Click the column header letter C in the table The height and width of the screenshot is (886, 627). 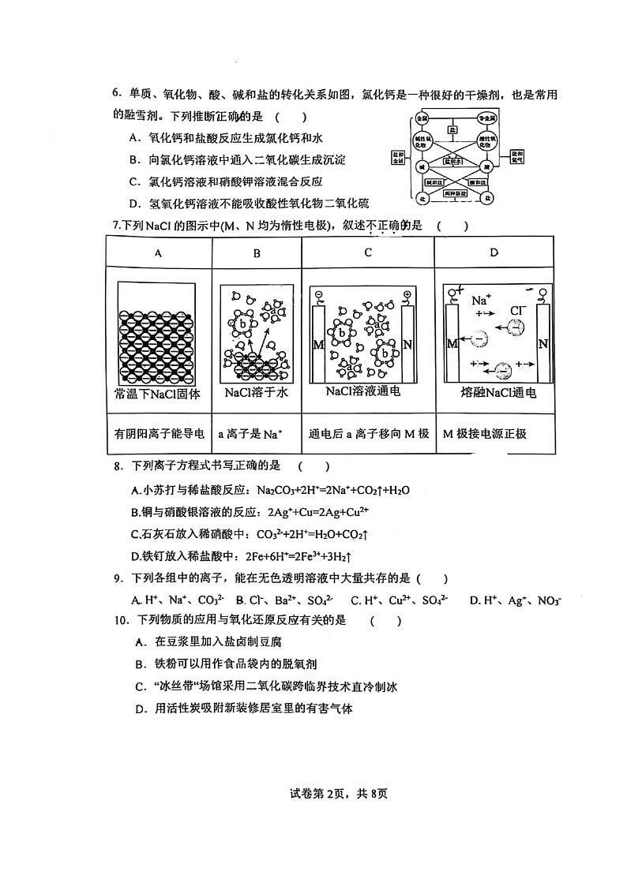pyautogui.click(x=368, y=253)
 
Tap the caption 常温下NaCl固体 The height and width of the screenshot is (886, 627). pyautogui.click(x=158, y=393)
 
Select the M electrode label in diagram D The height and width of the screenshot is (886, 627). pyautogui.click(x=452, y=343)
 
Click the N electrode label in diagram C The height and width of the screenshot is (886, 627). pyautogui.click(x=408, y=344)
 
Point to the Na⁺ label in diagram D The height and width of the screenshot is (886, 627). pyautogui.click(x=481, y=301)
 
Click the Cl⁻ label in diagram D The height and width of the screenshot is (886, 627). pyautogui.click(x=518, y=311)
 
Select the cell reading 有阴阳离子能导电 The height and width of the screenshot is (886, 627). pyautogui.click(x=160, y=433)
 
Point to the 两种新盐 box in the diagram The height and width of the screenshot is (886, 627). pyautogui.click(x=453, y=192)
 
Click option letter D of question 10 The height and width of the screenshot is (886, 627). pyautogui.click(x=139, y=708)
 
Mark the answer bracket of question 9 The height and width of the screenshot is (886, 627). pyautogui.click(x=426, y=579)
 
